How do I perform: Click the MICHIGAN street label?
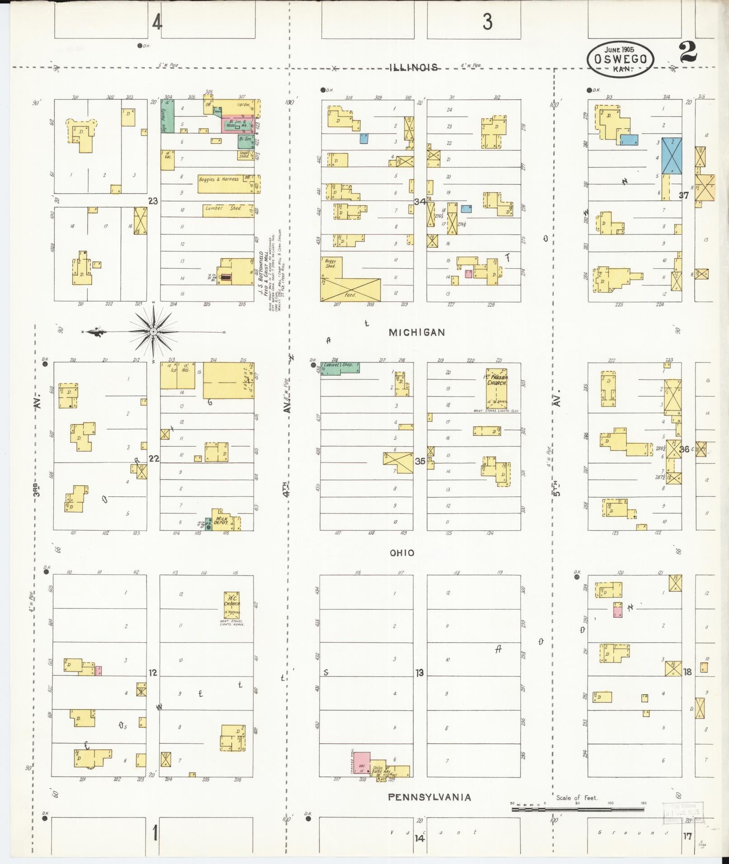pos(417,332)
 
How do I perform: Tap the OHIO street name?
pos(402,553)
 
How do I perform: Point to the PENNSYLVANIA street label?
pos(429,797)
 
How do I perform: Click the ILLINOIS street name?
pos(414,68)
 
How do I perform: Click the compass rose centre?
pos(153,332)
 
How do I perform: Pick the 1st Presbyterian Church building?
pos(496,388)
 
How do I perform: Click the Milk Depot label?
pos(222,520)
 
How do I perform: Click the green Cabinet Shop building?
pos(340,368)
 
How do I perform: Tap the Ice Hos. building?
pos(178,375)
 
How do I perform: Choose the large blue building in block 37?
pos(672,156)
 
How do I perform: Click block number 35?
pos(420,461)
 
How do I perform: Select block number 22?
pos(154,458)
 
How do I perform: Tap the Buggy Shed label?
pos(331,264)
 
